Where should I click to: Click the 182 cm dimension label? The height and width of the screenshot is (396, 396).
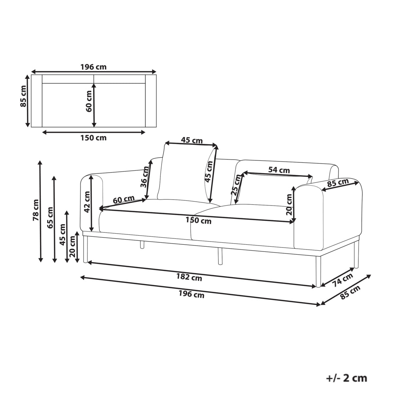(189, 277)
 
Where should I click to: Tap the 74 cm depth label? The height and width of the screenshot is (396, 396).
(342, 280)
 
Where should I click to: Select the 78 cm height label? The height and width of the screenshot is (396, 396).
(36, 210)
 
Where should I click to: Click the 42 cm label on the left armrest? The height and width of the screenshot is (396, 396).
(87, 202)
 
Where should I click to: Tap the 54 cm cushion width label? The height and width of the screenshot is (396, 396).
(279, 170)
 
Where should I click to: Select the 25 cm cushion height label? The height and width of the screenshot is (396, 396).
(236, 185)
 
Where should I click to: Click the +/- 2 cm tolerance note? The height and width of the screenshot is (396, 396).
(346, 378)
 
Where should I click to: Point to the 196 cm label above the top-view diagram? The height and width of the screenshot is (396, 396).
(94, 67)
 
